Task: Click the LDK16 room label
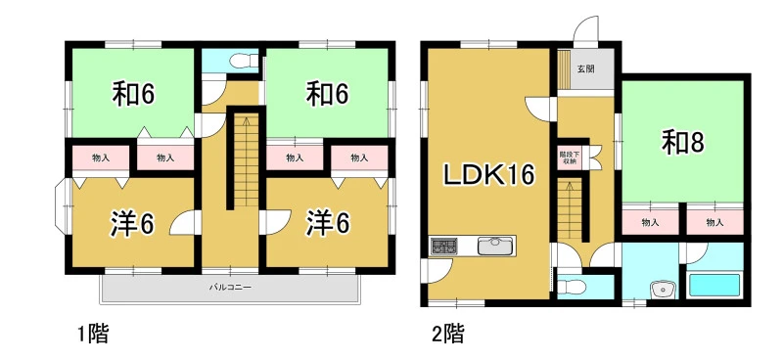click(490, 175)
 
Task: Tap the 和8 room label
click(682, 144)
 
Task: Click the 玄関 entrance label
click(585, 69)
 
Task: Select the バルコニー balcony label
click(230, 288)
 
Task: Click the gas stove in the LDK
click(444, 247)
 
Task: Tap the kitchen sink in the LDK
click(495, 246)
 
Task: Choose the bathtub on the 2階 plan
click(714, 285)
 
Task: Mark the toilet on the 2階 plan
click(571, 287)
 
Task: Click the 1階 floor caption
click(93, 334)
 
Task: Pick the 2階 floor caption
click(448, 334)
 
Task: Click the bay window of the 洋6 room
click(60, 205)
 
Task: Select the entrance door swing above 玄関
click(585, 29)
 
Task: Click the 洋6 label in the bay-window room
click(132, 224)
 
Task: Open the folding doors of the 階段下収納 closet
click(594, 157)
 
